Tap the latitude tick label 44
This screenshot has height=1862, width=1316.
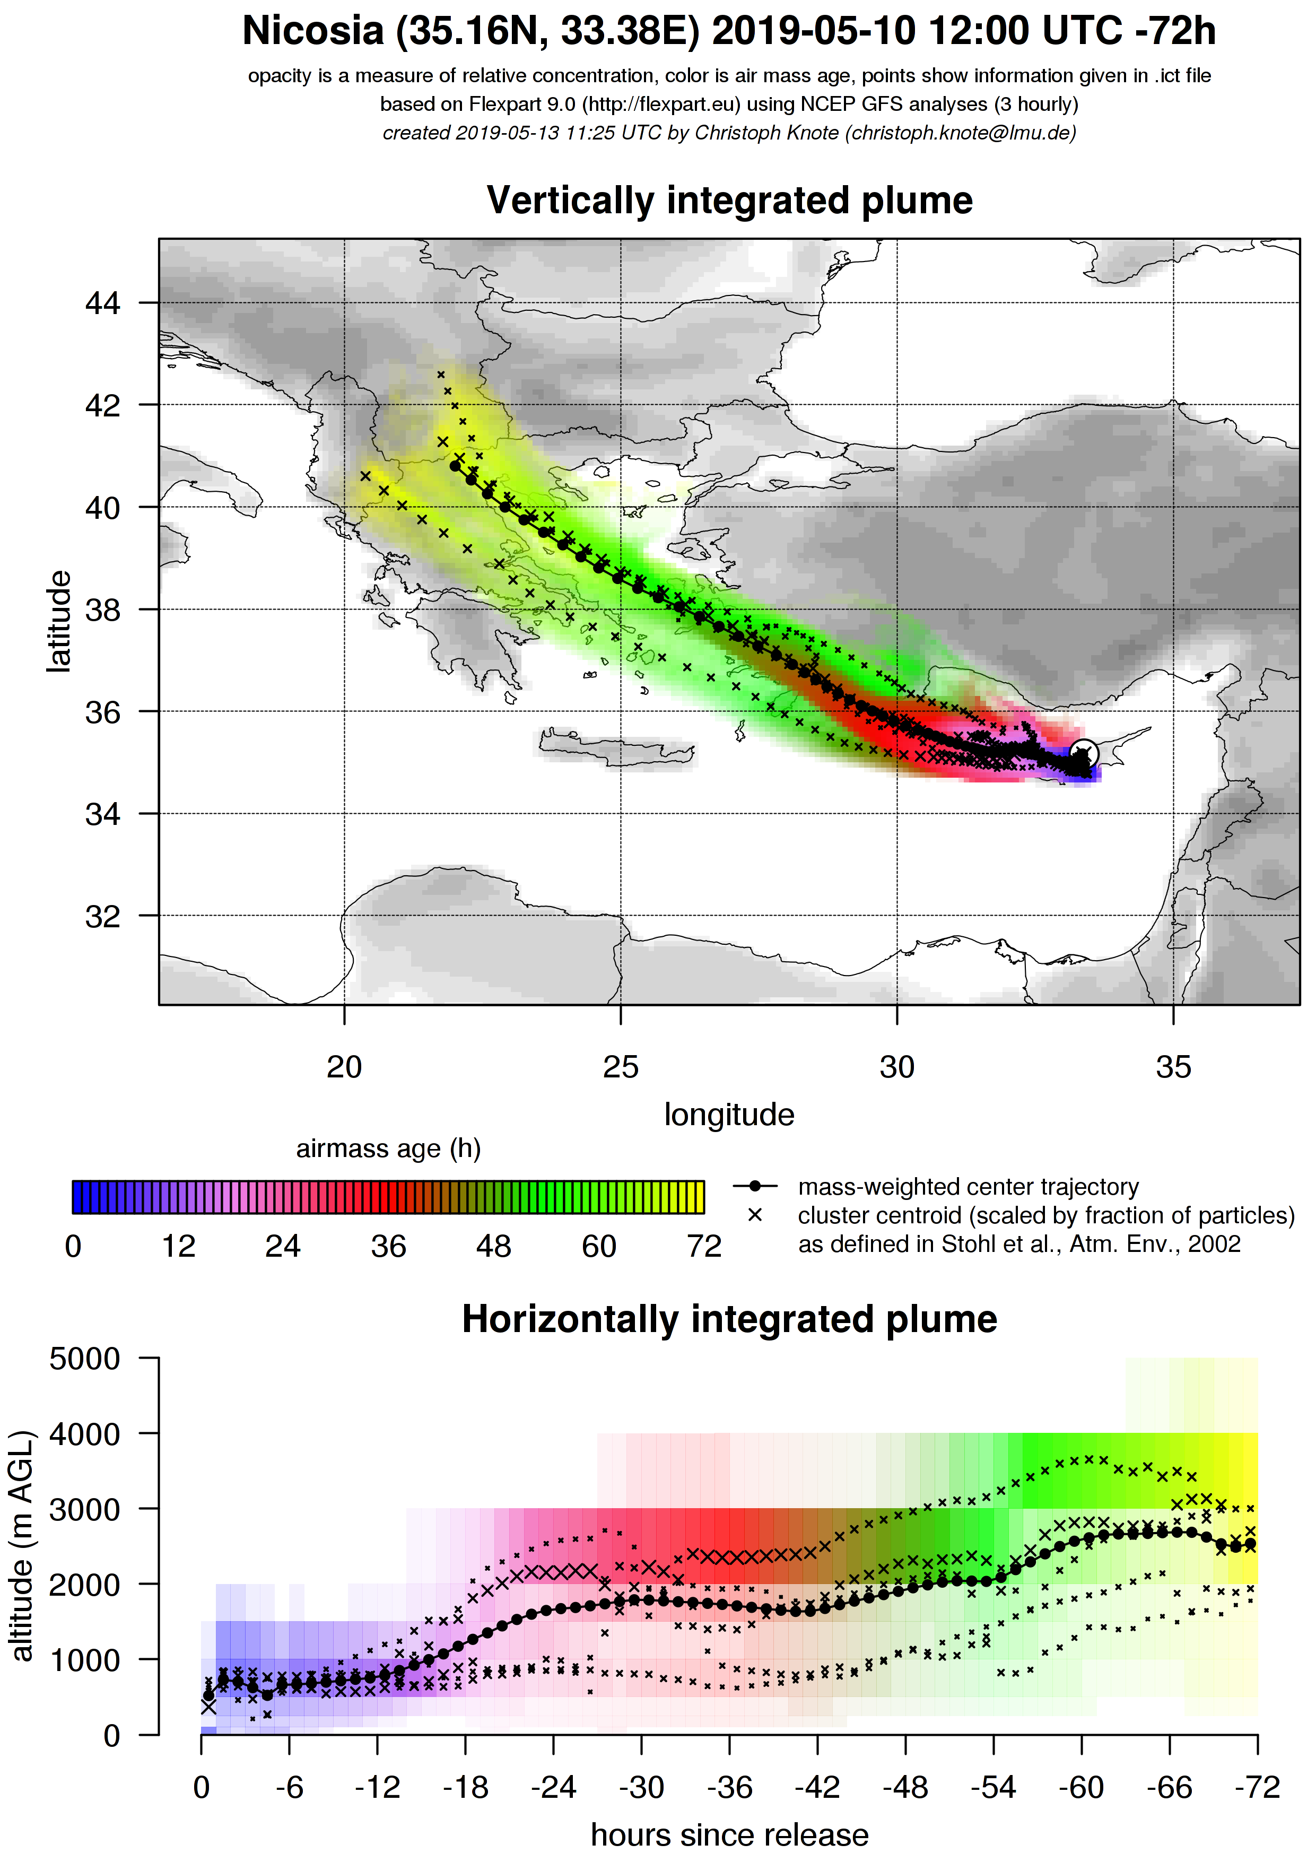pos(102,303)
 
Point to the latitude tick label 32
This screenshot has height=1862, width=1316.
pos(102,916)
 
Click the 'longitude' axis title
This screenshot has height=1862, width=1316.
pos(729,1115)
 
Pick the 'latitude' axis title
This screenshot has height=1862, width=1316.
pos(58,621)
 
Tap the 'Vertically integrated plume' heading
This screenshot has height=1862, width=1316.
pos(729,201)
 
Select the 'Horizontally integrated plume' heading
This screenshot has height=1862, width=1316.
pos(729,1319)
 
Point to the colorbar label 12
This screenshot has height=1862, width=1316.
pos(178,1247)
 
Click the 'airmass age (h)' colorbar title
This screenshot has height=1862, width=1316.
pos(388,1149)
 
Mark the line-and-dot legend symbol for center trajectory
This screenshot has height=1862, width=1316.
pos(755,1187)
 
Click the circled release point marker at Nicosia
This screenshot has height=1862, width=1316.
pos(1084,753)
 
